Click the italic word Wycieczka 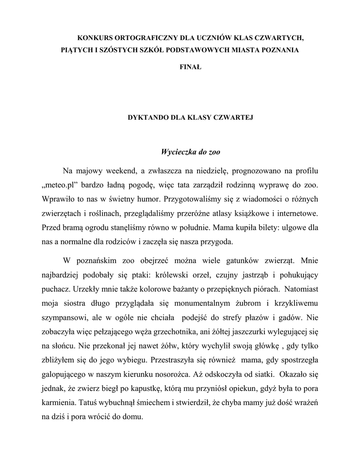coord(178,151)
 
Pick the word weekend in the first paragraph coord(122,171)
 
